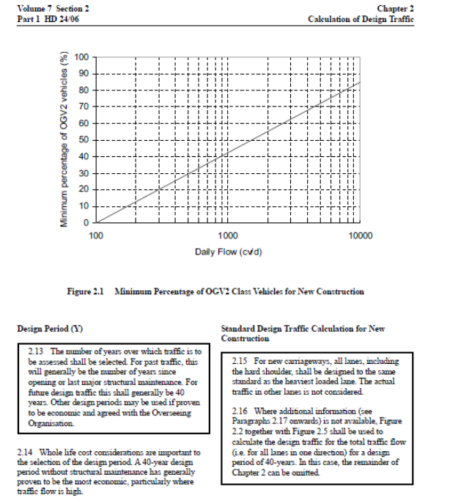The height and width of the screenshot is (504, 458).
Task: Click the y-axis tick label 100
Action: (83, 56)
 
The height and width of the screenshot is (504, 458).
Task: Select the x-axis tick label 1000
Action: (228, 235)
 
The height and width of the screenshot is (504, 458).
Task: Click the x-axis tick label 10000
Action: (360, 235)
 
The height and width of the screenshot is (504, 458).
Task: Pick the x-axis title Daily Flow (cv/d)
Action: (229, 252)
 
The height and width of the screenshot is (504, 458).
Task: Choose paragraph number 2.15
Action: (241, 361)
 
